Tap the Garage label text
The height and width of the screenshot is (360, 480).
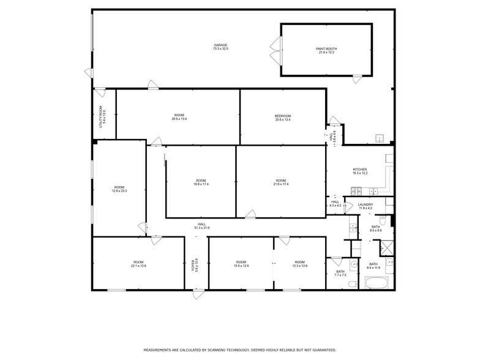point(220,47)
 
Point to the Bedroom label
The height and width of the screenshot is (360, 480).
point(282,118)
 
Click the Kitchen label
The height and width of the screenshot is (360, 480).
point(359,171)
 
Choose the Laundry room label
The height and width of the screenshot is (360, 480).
point(366,206)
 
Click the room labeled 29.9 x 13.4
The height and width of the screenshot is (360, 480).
point(179,117)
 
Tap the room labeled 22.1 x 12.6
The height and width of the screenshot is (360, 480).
point(138,264)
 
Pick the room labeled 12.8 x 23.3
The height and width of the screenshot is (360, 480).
point(119,189)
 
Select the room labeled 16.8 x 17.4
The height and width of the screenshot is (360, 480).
point(201,182)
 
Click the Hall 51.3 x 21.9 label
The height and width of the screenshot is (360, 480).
point(201,226)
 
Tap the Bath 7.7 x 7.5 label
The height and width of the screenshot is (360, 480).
point(340,273)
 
